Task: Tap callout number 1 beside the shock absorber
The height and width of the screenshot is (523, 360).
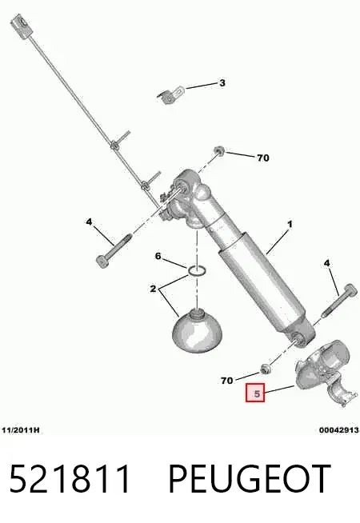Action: (290, 224)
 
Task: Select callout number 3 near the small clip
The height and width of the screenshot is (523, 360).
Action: (222, 82)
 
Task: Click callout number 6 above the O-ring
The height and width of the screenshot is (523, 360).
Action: (158, 256)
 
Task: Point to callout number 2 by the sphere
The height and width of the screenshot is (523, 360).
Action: (153, 289)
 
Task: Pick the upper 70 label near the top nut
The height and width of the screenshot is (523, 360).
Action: (263, 158)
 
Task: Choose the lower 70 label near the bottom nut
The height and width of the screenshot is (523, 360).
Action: (227, 380)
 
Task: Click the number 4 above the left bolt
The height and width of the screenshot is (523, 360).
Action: (89, 222)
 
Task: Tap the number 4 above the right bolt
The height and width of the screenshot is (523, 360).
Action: (327, 263)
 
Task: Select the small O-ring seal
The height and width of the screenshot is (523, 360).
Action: (197, 271)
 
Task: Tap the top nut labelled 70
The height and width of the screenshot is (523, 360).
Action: (219, 151)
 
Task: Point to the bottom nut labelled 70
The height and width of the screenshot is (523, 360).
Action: (266, 369)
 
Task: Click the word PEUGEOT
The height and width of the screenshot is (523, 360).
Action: (250, 479)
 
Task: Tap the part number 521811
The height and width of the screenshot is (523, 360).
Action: (70, 479)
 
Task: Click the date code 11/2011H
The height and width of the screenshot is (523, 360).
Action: (20, 430)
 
